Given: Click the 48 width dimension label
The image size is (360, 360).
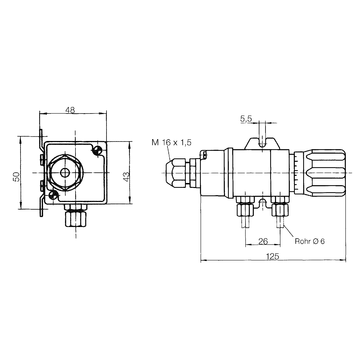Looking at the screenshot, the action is [70, 110].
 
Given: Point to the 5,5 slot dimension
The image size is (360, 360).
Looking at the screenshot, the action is [246, 119].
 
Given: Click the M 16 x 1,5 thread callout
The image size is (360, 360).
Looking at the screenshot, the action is [171, 142].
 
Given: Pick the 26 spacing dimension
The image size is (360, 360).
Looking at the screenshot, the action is [263, 241].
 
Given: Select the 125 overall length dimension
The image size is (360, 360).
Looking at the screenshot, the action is [273, 256].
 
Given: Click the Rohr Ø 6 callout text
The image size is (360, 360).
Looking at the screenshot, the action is [309, 241].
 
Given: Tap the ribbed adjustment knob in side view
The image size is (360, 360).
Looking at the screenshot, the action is [323, 173].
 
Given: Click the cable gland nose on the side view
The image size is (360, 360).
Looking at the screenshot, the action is [176, 173].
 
